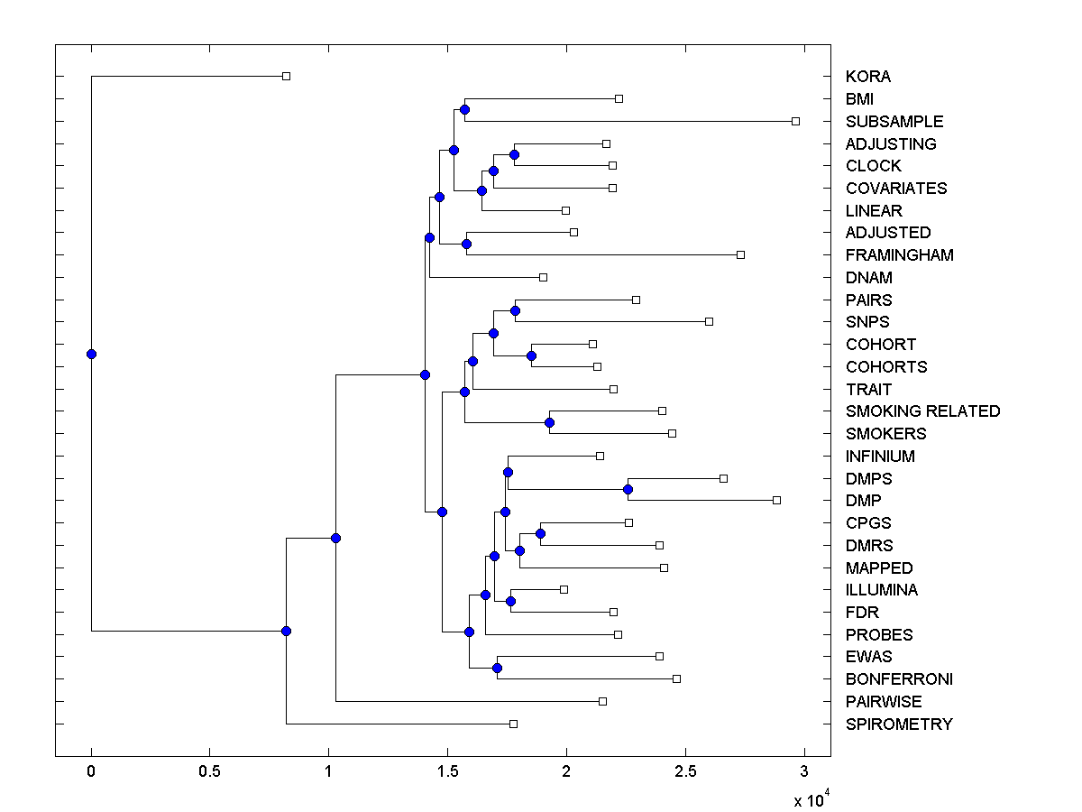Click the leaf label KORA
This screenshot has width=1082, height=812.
click(867, 77)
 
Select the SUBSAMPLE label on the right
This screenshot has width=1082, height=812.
click(894, 121)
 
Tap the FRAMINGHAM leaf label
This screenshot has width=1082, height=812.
click(899, 255)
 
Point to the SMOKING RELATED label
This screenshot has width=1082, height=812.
click(922, 411)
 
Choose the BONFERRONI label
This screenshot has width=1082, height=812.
click(899, 679)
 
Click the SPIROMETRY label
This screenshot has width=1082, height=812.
click(898, 724)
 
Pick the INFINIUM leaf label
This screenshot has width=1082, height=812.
click(880, 457)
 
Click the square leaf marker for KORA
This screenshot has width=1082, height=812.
click(286, 76)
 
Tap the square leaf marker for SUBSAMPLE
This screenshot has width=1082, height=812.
click(795, 121)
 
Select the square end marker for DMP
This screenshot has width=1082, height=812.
click(776, 500)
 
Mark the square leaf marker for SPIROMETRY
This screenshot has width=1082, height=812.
click(513, 724)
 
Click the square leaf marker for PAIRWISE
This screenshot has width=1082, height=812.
click(602, 701)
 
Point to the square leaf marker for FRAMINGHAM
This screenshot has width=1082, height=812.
click(740, 254)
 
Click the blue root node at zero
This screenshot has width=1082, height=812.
click(91, 354)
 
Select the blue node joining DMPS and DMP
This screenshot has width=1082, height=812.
click(628, 489)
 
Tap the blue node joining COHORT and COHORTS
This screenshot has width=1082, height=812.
click(531, 355)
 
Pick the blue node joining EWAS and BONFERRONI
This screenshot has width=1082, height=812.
click(497, 668)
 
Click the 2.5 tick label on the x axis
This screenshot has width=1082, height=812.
click(684, 771)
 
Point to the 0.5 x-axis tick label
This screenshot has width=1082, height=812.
click(209, 771)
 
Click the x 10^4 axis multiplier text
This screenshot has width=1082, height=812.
click(810, 799)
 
